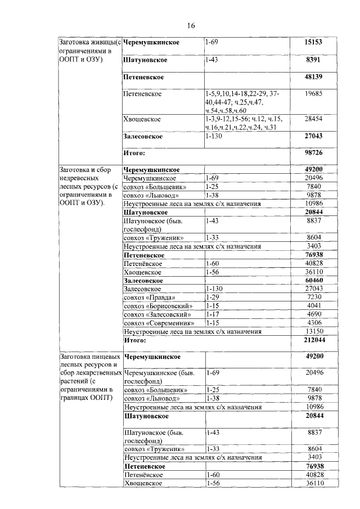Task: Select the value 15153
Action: click(313, 43)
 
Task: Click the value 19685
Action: click(313, 94)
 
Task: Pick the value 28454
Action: click(313, 119)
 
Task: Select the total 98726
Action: click(313, 152)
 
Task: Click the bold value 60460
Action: click(313, 280)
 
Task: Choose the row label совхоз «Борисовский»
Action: click(156, 306)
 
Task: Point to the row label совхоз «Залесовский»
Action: click(156, 314)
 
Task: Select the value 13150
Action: click(313, 331)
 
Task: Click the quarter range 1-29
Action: click(213, 296)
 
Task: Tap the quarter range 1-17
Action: click(213, 314)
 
